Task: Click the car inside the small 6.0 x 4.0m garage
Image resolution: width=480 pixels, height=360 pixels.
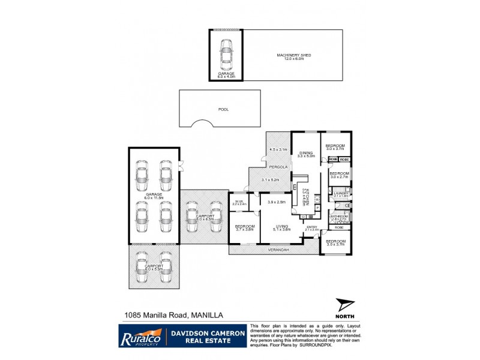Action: (x=226, y=54)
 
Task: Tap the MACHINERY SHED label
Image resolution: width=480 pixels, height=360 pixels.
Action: (x=293, y=55)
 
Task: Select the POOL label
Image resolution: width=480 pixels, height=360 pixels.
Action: (x=224, y=110)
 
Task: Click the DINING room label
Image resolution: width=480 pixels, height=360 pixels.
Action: (x=310, y=152)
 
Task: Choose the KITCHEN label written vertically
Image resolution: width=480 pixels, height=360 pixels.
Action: (x=307, y=198)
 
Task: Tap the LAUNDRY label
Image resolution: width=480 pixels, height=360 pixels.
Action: (x=341, y=193)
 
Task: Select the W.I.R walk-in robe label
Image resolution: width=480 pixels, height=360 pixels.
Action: (x=238, y=201)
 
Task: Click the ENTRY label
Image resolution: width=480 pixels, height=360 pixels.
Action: (x=311, y=226)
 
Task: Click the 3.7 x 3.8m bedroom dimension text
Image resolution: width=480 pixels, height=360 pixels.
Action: (x=244, y=229)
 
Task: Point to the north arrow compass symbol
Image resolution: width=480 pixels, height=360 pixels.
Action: (x=345, y=306)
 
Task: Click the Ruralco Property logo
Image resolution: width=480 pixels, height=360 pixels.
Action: (x=139, y=336)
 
